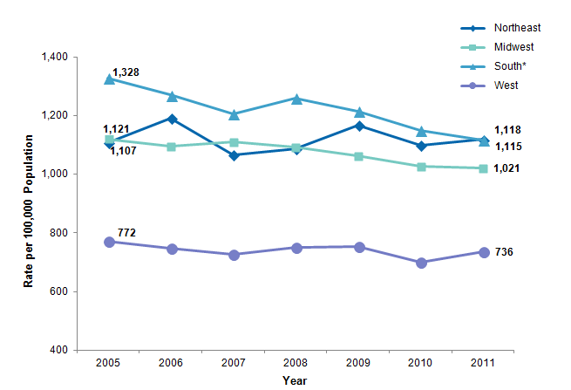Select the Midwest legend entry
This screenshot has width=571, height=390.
tap(512, 46)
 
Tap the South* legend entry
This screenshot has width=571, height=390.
tap(509, 66)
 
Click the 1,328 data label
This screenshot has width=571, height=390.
tap(126, 72)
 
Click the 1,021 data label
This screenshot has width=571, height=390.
tap(508, 168)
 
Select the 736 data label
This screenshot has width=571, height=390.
tap(504, 252)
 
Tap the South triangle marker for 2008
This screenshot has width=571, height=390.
tap(296, 99)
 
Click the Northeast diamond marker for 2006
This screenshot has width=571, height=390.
tap(172, 119)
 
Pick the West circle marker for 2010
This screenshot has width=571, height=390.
tap(421, 263)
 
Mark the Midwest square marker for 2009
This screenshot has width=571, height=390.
tap(358, 156)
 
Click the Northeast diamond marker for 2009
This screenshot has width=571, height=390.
tap(358, 126)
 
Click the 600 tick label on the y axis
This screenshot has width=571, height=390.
tap(60, 291)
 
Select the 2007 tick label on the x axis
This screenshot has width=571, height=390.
tap(234, 362)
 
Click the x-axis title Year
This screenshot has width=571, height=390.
tap(295, 380)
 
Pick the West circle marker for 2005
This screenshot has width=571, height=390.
tap(110, 242)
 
